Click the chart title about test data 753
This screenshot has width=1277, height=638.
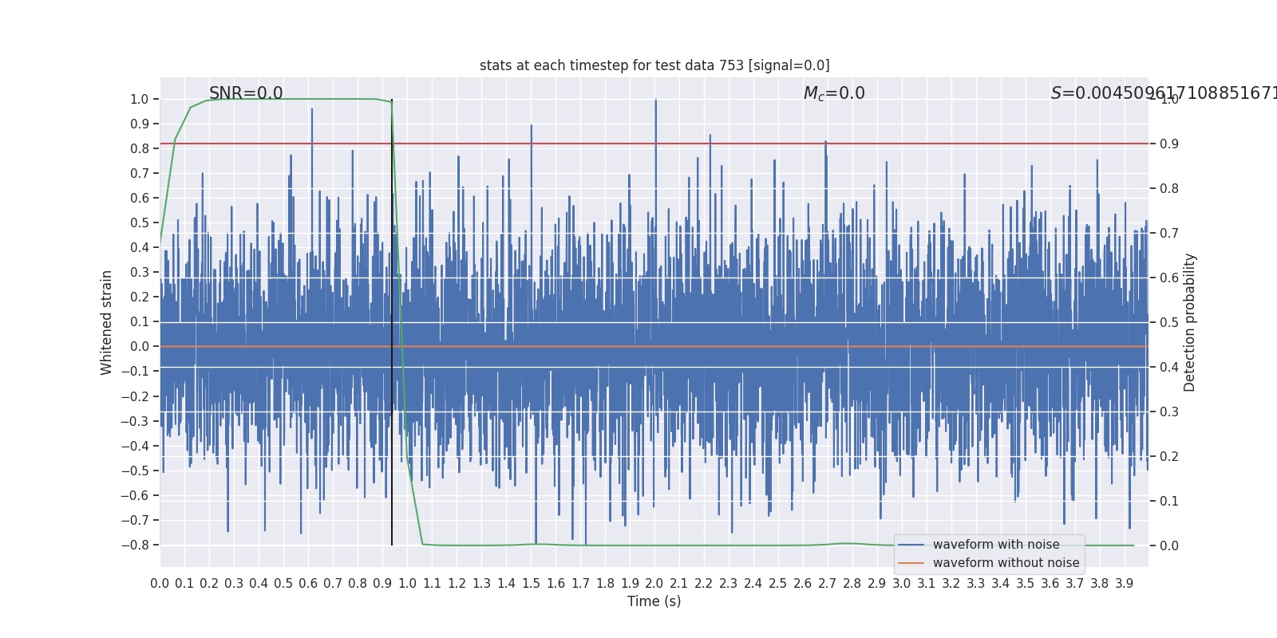[654, 65]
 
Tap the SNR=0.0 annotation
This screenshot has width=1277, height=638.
[246, 93]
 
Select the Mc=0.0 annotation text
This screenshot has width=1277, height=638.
[834, 93]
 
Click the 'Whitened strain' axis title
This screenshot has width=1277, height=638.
[107, 322]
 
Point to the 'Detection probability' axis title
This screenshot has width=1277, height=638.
[1190, 322]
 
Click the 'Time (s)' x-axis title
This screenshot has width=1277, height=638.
[654, 601]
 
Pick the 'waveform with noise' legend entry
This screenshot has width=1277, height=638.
[996, 545]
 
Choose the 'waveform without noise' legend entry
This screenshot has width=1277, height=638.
[1006, 563]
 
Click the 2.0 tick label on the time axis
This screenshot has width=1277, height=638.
[654, 584]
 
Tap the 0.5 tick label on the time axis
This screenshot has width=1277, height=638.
[283, 584]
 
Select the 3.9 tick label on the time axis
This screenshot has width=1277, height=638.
[1125, 584]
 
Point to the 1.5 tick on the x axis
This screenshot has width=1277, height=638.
[531, 584]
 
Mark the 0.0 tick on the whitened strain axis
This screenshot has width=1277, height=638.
[139, 347]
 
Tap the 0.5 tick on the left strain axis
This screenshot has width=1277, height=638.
[139, 223]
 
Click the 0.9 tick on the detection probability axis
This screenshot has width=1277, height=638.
[1169, 144]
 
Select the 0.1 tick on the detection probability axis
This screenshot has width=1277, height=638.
[1169, 502]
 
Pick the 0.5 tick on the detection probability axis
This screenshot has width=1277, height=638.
[1169, 323]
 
